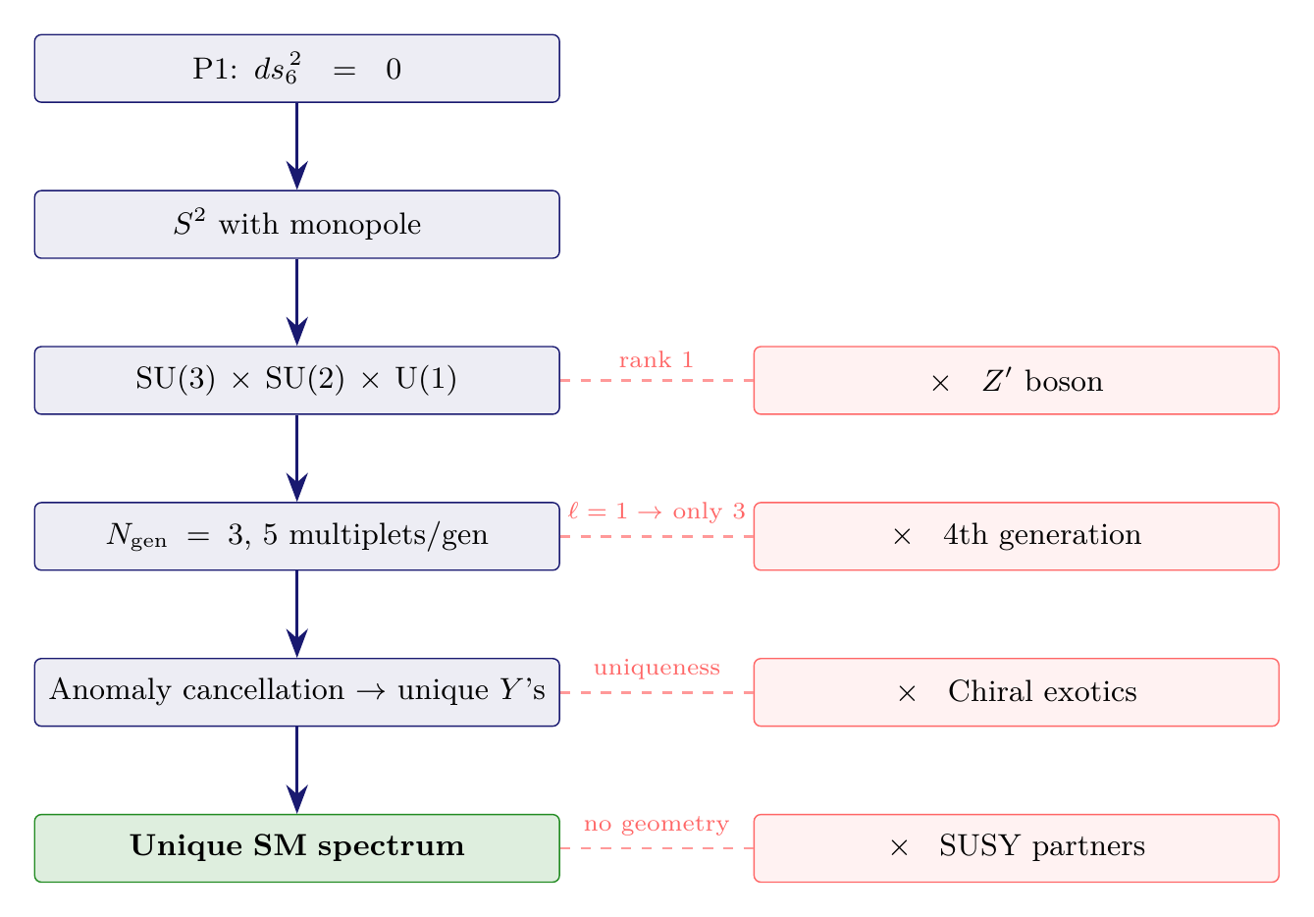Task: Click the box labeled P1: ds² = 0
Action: point(296,69)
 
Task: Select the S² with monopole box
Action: point(296,225)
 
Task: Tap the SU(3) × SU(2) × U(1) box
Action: point(296,380)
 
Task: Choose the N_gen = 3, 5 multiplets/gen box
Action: point(296,536)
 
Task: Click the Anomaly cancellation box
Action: point(296,691)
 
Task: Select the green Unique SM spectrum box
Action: point(296,847)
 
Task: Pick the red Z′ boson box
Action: point(1016,380)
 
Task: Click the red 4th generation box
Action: point(1016,536)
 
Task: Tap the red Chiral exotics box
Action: point(1016,691)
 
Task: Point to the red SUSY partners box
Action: point(1016,847)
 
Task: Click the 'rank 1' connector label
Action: point(657,360)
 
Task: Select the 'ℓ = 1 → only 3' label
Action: point(657,512)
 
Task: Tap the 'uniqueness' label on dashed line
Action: point(657,669)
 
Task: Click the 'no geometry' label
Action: point(657,824)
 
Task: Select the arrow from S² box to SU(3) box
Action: point(296,301)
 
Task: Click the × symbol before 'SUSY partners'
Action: point(898,847)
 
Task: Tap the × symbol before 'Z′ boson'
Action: point(939,382)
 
